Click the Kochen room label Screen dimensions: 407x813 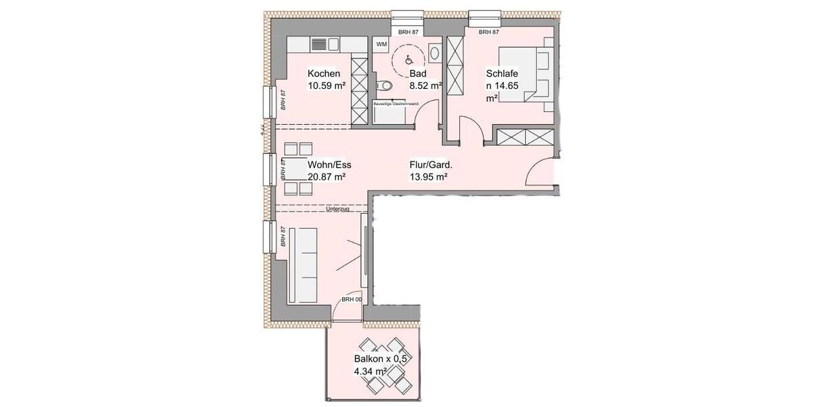click(324, 74)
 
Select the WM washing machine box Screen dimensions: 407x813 click(381, 44)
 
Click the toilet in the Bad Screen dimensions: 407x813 click(384, 86)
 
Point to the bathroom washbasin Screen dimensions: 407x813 click(435, 53)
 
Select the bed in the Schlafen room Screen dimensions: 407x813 click(526, 73)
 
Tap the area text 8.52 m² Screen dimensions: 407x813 click(425, 86)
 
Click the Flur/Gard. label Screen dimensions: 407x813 click(430, 164)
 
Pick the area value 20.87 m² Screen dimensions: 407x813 click(327, 176)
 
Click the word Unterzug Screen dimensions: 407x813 click(337, 210)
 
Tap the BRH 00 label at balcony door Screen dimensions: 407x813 click(351, 299)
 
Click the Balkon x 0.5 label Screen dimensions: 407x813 click(380, 359)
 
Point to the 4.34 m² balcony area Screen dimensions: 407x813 click(371, 372)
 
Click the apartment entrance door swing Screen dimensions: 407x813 click(543, 170)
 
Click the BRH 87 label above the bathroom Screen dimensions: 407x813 click(409, 32)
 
